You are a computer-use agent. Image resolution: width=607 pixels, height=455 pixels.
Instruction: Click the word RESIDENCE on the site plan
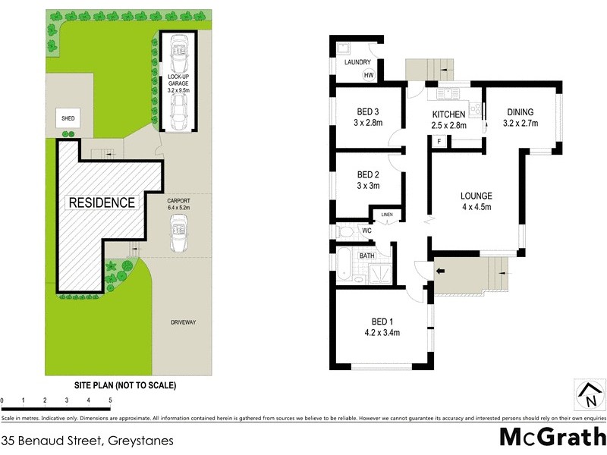(102, 203)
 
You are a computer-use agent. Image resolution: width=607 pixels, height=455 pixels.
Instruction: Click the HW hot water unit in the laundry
(369, 75)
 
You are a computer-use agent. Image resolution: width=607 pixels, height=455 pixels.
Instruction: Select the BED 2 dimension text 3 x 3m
(367, 186)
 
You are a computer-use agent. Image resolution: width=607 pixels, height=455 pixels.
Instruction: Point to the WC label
(366, 230)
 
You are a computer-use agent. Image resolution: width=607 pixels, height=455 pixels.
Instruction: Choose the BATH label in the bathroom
(367, 256)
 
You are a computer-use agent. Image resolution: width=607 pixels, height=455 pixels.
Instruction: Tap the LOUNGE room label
(476, 196)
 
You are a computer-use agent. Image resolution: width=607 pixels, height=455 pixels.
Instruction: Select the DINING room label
(520, 111)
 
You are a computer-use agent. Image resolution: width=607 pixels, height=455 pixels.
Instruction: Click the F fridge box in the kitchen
(439, 142)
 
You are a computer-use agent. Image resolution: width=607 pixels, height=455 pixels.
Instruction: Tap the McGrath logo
(552, 438)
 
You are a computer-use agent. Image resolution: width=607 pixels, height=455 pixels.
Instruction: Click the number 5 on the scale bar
(111, 400)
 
